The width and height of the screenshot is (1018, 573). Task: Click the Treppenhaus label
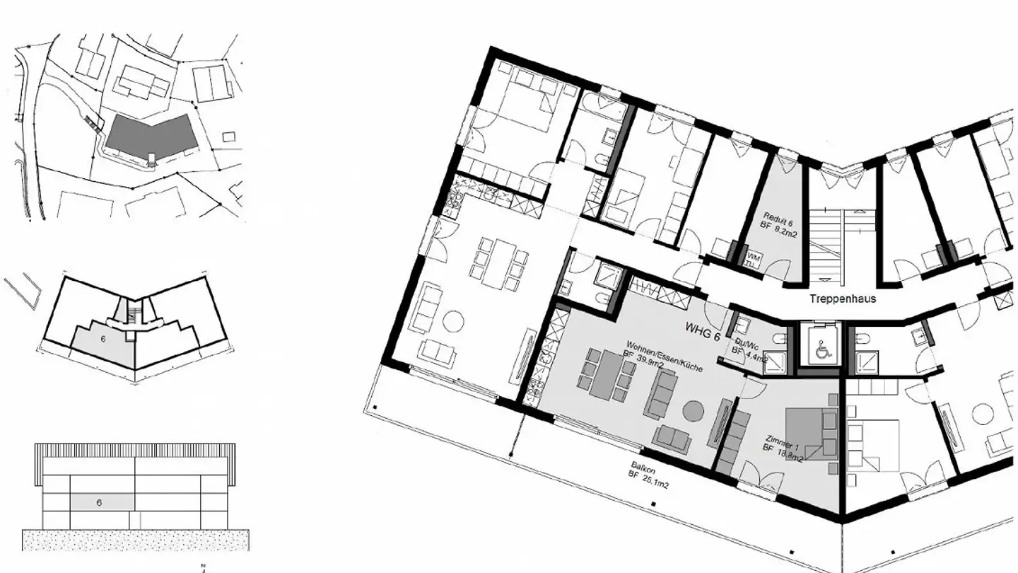(x=842, y=299)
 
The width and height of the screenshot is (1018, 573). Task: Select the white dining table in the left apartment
(x=503, y=262)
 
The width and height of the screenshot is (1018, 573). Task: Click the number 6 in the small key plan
(x=103, y=340)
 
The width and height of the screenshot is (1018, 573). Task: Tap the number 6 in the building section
(x=99, y=503)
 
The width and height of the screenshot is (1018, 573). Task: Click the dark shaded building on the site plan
(x=149, y=134)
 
